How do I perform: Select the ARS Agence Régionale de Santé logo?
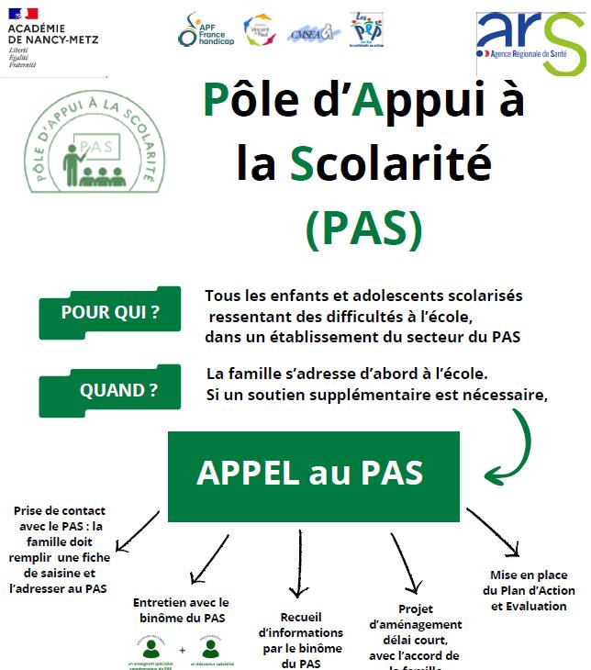tap(530, 41)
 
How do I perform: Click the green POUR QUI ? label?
tap(109, 313)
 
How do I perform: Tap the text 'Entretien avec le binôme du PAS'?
tap(181, 610)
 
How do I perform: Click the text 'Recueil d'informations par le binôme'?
tap(300, 639)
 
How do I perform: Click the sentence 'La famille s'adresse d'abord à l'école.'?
tap(346, 374)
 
